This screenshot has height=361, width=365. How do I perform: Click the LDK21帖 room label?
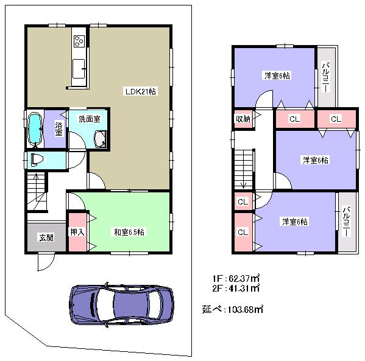click(140, 92)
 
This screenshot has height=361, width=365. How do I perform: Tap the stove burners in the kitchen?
click(79, 41)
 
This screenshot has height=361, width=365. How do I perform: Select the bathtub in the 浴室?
click(35, 129)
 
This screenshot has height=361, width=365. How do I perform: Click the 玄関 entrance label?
click(45, 237)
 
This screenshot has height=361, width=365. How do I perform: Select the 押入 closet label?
click(76, 231)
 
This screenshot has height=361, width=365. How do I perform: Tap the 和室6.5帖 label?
click(128, 232)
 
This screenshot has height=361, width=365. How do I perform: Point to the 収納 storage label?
click(243, 119)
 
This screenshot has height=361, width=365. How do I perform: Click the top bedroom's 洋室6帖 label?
click(277, 75)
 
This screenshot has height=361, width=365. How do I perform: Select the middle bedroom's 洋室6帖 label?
click(316, 160)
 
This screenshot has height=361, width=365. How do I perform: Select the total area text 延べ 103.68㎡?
click(232, 309)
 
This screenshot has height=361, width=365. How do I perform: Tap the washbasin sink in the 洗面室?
click(101, 139)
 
